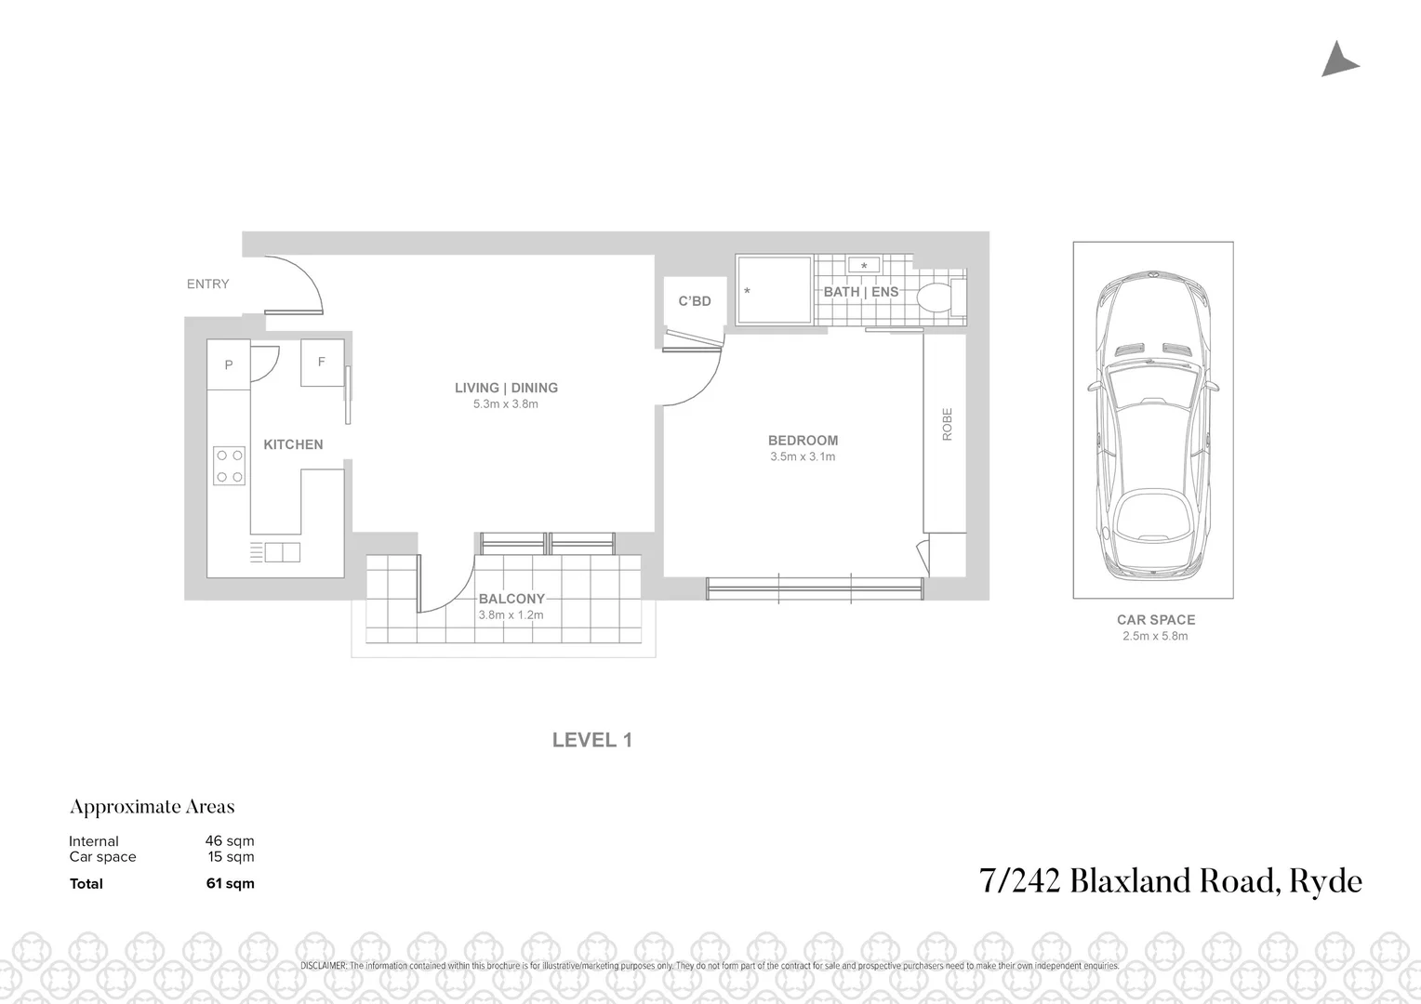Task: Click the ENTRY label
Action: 207,284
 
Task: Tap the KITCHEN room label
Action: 293,445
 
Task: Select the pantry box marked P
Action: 229,365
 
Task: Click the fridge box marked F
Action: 322,363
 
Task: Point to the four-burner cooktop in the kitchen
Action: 229,467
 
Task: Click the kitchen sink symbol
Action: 282,553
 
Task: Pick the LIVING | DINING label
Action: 506,389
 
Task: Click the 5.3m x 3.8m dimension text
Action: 506,404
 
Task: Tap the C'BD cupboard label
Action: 695,301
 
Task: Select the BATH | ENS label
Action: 861,292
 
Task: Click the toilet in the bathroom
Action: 936,298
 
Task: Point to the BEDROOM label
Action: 803,441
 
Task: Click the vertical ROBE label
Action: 948,424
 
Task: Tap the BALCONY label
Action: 511,600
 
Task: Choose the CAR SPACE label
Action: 1156,620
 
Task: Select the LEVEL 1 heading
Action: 592,740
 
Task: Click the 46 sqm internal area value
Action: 230,841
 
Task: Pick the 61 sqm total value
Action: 230,884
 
